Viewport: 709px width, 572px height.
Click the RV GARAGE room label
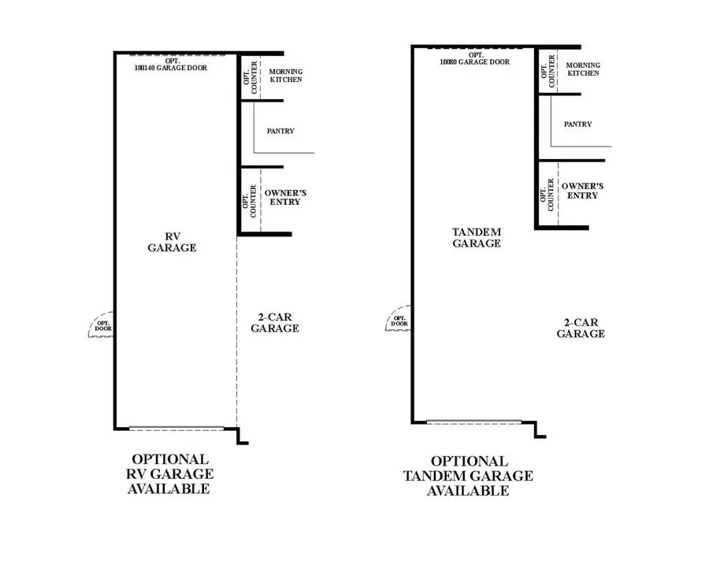tap(172, 243)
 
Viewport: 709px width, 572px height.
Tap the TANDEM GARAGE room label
tap(477, 238)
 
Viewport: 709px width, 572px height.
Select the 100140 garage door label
tap(171, 65)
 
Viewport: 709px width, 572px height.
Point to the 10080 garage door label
tap(475, 59)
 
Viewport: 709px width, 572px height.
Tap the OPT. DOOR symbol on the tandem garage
tap(398, 318)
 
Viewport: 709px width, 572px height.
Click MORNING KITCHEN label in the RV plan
tap(286, 76)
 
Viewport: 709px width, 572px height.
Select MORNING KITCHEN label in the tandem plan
tap(583, 69)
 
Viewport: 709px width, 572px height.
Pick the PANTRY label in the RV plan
tap(280, 131)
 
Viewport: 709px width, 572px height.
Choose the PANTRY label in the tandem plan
tap(578, 124)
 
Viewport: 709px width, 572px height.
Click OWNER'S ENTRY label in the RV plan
tap(285, 198)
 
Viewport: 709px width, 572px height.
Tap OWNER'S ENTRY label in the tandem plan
tap(582, 191)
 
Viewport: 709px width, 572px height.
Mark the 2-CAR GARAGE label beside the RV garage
tap(275, 323)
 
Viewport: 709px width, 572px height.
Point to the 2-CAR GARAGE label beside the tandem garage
tap(581, 329)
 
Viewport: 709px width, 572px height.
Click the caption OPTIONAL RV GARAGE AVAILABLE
tap(170, 474)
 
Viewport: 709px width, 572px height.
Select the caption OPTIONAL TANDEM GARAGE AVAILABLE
tap(469, 476)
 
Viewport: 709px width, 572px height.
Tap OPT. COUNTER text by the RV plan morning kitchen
tap(250, 77)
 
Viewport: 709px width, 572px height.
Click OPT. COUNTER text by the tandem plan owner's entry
tap(547, 195)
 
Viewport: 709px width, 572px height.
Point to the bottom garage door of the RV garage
tap(176, 428)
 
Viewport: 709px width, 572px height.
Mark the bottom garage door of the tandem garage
tap(474, 422)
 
